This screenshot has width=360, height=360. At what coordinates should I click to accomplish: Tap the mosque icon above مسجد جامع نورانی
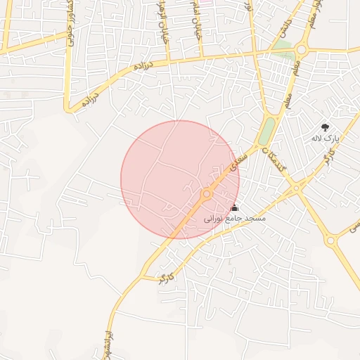(235, 208)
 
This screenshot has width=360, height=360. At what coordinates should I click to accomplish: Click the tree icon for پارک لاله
(325, 127)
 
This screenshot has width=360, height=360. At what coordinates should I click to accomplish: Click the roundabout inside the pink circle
(207, 193)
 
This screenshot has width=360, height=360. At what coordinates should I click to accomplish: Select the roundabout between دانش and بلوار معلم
(302, 50)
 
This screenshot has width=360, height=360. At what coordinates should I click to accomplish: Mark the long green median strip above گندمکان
(266, 131)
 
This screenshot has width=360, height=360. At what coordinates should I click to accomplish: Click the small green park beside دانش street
(283, 46)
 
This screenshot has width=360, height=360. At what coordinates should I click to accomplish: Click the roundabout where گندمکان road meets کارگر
(297, 188)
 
